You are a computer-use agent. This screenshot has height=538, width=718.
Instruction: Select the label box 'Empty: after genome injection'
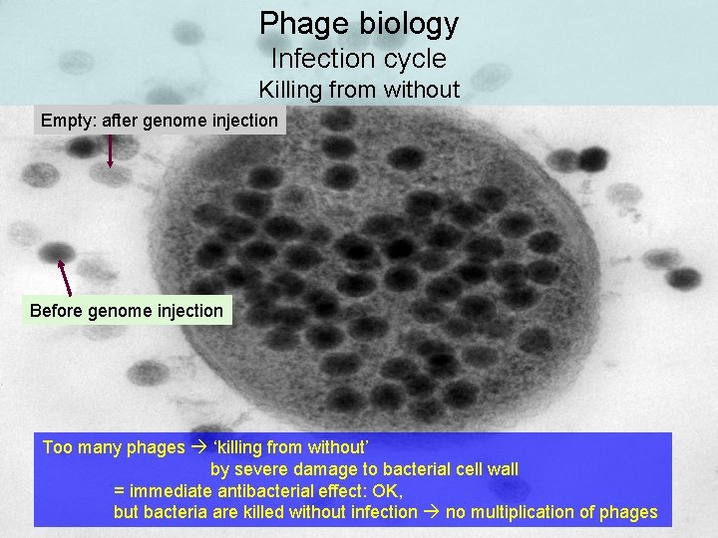[x=160, y=121]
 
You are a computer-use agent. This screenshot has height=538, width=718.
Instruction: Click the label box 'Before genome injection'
[x=127, y=311]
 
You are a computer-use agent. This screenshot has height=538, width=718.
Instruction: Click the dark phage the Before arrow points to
[x=58, y=251]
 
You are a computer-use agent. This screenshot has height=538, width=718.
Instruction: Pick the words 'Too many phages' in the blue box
[x=113, y=447]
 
